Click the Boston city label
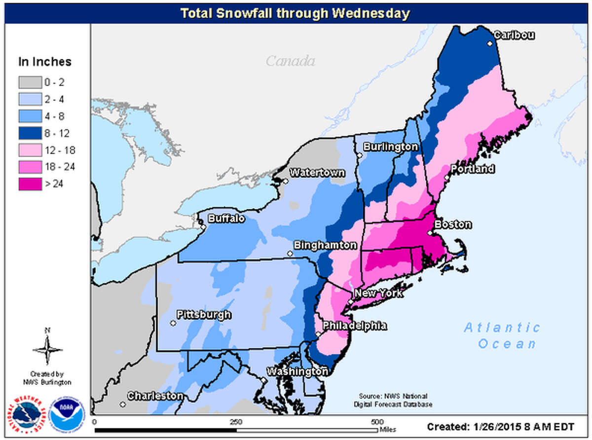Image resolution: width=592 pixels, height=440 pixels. click(453, 224)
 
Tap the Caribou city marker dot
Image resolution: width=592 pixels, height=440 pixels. click(490, 43)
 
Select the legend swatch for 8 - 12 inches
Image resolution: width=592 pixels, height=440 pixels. click(30, 133)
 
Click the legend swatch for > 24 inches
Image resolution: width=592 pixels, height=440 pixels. click(30, 184)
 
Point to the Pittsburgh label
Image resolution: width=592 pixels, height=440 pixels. click(204, 315)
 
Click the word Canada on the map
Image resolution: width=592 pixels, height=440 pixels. click(290, 61)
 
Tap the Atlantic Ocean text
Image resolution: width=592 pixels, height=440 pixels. click(502, 335)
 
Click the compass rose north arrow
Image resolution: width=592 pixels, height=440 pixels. click(47, 347)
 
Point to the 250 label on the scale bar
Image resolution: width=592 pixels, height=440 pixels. click(236, 422)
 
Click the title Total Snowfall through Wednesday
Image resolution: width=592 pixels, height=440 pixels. click(295, 13)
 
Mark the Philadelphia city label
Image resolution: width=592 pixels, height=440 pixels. click(354, 326)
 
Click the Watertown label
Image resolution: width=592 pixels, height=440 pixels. click(317, 173)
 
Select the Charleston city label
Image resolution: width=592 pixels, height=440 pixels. click(155, 396)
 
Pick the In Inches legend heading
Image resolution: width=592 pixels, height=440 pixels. click(45, 62)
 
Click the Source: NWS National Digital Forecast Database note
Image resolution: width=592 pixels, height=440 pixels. click(393, 400)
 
